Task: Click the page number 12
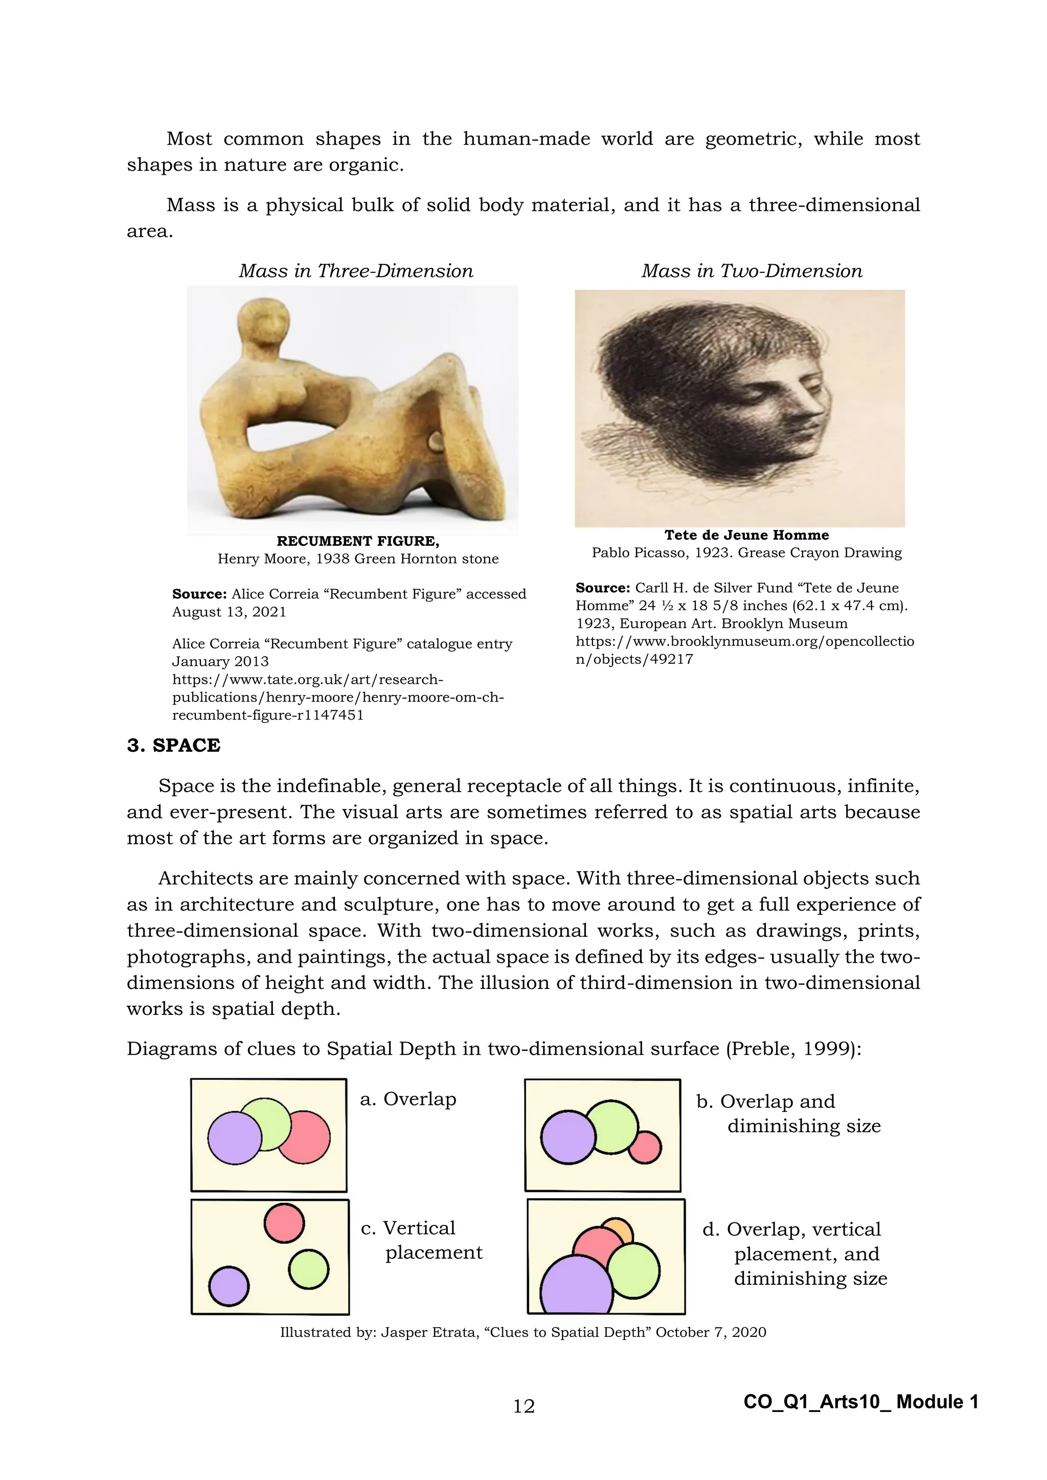(523, 1406)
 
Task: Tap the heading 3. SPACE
(173, 745)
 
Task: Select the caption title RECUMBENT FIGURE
(358, 541)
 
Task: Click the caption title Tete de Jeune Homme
(746, 535)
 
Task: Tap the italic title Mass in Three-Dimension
(356, 271)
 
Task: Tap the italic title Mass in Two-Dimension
(752, 271)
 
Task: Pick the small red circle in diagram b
(645, 1147)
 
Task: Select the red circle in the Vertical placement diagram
(284, 1223)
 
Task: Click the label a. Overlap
(408, 1099)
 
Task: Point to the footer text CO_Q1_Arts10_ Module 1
(861, 1401)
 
